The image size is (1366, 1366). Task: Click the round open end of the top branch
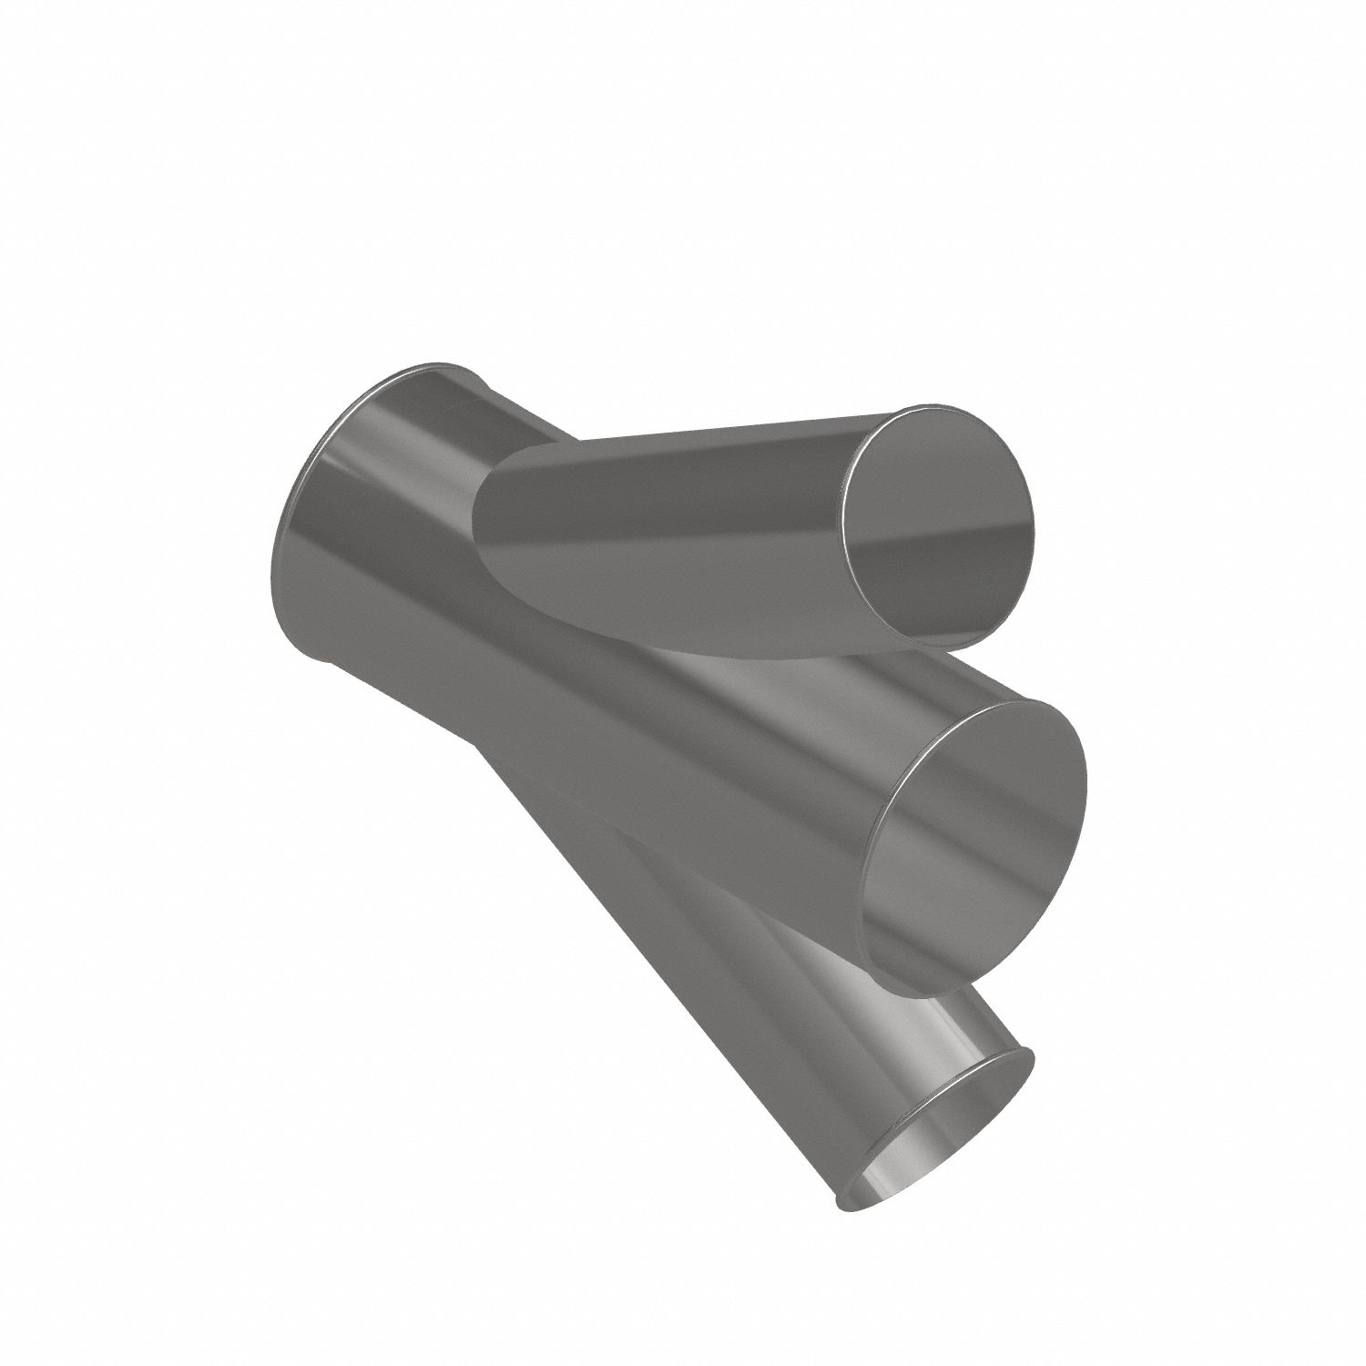pos(940,528)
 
